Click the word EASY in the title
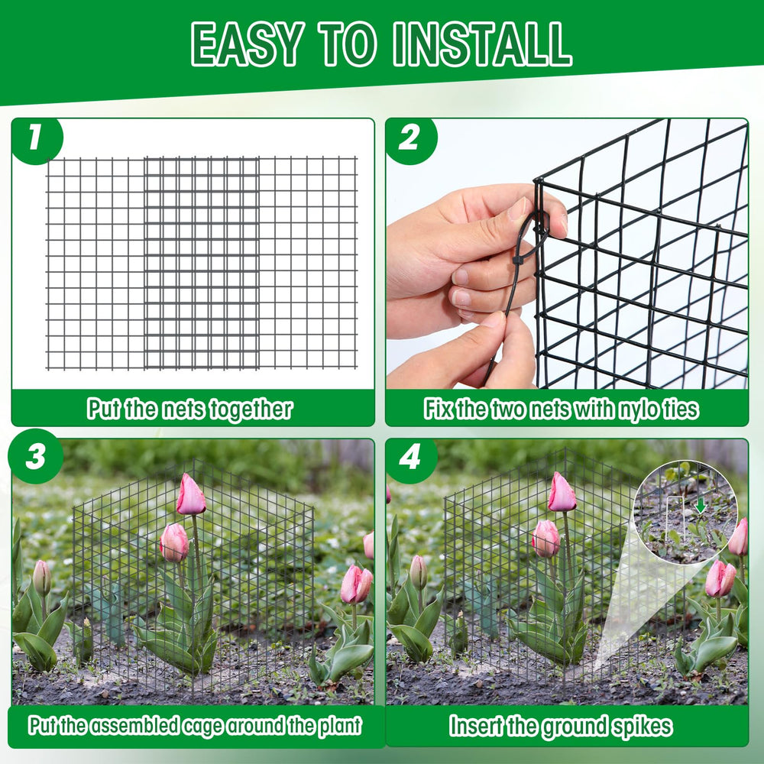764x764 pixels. (248, 44)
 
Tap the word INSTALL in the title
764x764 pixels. (482, 44)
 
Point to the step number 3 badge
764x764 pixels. (36, 457)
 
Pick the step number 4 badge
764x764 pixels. (410, 458)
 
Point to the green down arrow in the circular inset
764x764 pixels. (700, 505)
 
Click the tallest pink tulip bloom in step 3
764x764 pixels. (190, 494)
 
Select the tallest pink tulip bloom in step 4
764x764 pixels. (562, 492)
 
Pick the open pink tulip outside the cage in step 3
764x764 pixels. (356, 584)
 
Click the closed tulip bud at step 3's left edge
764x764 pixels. (42, 578)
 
